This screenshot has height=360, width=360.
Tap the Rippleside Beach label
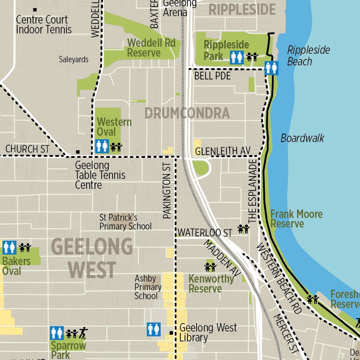(x=308, y=56)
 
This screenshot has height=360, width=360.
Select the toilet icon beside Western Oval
(x=102, y=146)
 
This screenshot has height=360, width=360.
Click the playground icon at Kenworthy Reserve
(x=210, y=267)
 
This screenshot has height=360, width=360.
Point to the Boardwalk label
(x=302, y=138)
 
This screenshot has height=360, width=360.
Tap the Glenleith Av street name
(x=223, y=151)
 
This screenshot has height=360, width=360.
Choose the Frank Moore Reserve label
(x=296, y=219)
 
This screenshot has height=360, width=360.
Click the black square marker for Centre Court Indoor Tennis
(x=35, y=9)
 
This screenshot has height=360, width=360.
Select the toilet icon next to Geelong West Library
(x=154, y=329)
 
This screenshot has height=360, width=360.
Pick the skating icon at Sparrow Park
(x=83, y=332)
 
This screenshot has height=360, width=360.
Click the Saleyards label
(x=73, y=59)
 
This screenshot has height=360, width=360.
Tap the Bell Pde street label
(x=212, y=76)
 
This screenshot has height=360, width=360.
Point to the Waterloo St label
(x=205, y=233)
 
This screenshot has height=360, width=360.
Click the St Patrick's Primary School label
(x=125, y=222)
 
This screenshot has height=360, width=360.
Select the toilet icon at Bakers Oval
(x=9, y=247)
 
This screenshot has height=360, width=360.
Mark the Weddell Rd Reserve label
(x=151, y=48)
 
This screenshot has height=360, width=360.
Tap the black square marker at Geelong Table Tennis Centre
(x=78, y=152)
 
